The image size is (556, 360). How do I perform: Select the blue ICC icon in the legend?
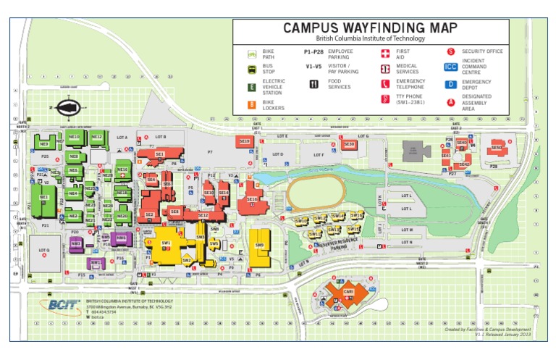[450, 67]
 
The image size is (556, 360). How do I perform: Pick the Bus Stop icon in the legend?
[251, 70]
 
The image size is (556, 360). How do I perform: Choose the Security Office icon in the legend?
[450, 52]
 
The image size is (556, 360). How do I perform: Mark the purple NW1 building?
[96, 262]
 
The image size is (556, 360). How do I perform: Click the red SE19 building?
[245, 142]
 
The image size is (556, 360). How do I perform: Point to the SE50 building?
[497, 148]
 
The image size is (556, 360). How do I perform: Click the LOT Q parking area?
[44, 253]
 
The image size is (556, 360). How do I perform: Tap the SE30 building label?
[349, 145]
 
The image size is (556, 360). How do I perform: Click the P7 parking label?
[210, 152]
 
